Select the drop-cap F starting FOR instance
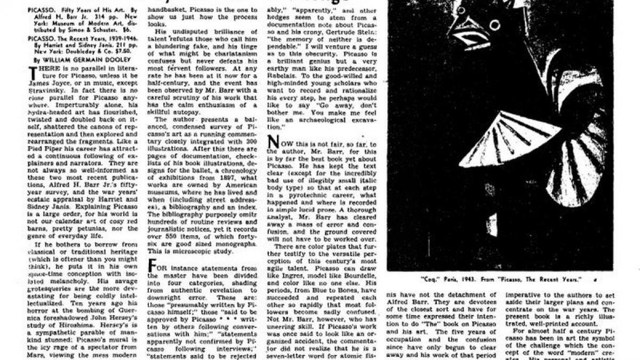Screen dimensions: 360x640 click(151, 265)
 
